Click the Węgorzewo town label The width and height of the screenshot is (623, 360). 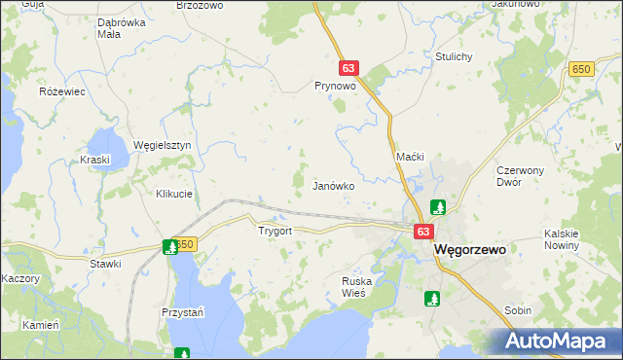[x=469, y=249]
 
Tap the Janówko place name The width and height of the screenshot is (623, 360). [x=333, y=185]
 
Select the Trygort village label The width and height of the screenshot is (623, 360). [x=275, y=232]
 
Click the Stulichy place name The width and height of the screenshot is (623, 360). [x=454, y=56]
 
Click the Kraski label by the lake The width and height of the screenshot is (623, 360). [x=96, y=160]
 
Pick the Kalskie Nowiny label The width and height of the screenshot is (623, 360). [x=562, y=239]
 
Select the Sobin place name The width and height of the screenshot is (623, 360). [x=518, y=310]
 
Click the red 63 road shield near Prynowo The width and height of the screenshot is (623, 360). [x=349, y=69]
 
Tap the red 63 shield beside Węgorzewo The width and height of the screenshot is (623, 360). [x=422, y=232]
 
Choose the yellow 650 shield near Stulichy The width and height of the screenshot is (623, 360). [x=582, y=68]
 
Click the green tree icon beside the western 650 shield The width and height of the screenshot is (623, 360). [x=171, y=247]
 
